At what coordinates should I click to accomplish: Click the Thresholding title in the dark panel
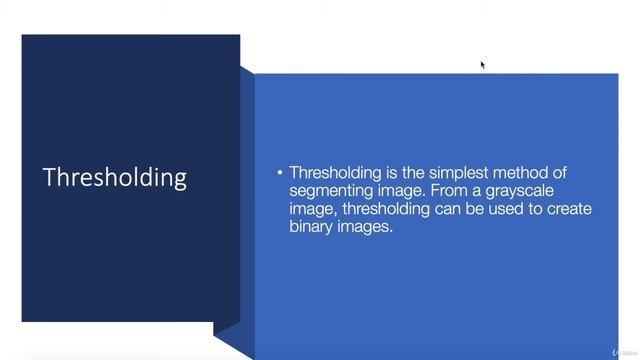[115, 177]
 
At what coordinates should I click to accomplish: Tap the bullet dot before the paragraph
[280, 172]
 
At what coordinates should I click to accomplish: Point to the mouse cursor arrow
[482, 65]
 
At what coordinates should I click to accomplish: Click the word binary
[314, 227]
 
